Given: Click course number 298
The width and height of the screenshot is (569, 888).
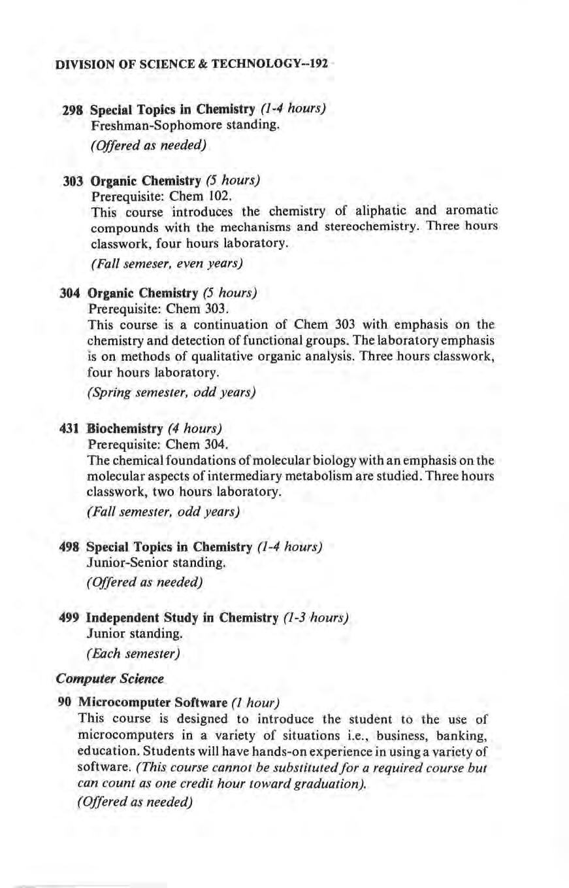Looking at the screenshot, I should [x=71, y=107].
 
